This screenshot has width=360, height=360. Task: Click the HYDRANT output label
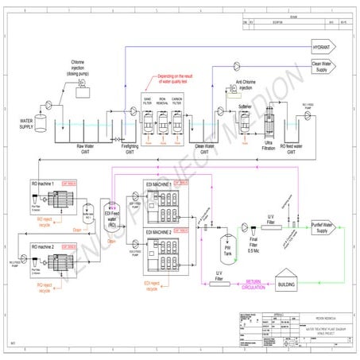coord(326,48)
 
